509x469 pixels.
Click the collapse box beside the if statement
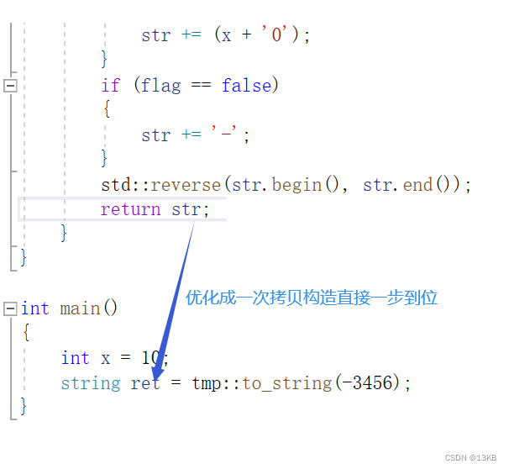(x=10, y=85)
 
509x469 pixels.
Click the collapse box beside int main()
(x=10, y=308)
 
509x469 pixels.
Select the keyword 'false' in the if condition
(x=246, y=85)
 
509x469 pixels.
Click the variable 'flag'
(x=160, y=85)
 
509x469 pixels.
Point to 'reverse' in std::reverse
(x=186, y=185)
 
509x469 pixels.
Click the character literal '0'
(x=277, y=35)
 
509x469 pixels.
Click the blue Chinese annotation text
(x=312, y=298)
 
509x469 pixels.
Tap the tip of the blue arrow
(x=155, y=373)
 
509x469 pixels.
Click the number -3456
(x=370, y=383)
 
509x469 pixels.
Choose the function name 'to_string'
(x=286, y=383)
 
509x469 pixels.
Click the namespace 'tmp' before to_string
(x=206, y=383)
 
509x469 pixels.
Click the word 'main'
(x=80, y=308)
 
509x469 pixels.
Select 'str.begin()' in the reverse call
(x=286, y=185)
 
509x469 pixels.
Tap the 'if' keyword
(x=111, y=85)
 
